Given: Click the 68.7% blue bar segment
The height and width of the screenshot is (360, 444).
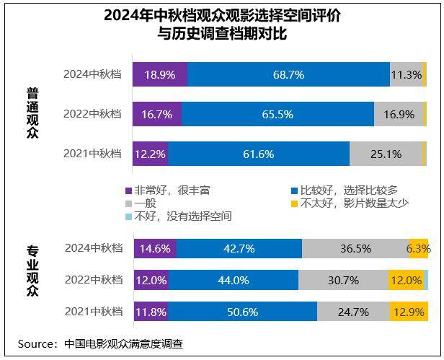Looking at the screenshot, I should [288, 74].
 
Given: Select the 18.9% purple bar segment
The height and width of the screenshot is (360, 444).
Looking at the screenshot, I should [160, 74].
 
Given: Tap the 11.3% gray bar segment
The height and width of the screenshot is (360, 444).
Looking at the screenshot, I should [406, 74].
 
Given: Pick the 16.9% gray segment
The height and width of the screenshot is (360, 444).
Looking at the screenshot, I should [399, 114].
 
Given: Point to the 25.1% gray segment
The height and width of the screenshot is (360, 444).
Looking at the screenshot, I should [386, 154].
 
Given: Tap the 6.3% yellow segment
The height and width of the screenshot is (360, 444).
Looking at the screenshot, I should [419, 248].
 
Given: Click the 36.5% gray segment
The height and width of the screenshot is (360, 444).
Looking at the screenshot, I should [355, 248].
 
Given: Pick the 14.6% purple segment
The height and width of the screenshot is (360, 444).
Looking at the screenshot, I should [155, 248].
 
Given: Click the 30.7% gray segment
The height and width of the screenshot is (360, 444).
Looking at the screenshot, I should [342, 280].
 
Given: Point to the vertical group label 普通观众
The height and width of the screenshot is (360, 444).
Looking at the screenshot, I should [32, 113].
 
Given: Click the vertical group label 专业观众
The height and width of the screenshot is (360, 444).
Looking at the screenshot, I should [32, 272].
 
